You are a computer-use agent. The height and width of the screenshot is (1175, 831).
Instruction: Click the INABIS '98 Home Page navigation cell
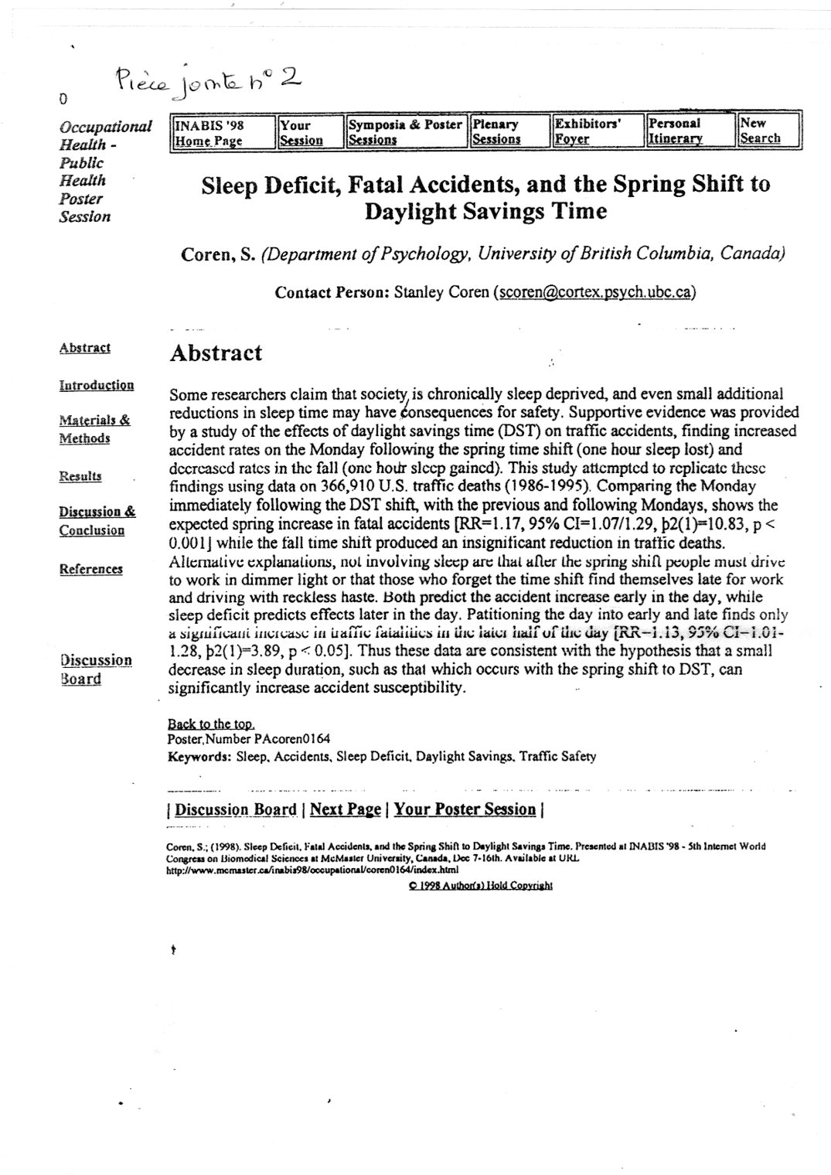221,131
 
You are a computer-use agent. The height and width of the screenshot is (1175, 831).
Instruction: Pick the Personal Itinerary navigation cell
688,131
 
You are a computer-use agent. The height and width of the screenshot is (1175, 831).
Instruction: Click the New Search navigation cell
768,131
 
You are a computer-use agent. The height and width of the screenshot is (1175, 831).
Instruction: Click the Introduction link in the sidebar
97,385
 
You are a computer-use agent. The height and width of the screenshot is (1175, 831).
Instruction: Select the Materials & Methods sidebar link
94,429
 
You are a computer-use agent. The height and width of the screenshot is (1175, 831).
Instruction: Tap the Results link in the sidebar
80,476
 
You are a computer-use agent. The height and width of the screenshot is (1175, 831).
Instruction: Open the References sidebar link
90,569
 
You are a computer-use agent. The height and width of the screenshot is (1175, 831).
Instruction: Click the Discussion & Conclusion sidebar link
97,520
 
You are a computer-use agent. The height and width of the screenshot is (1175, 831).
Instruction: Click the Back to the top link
210,724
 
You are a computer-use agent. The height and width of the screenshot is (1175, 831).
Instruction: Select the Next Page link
346,809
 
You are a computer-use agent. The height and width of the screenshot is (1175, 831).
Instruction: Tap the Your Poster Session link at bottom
465,809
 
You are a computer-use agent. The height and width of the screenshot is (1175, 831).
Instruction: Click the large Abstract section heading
216,353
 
